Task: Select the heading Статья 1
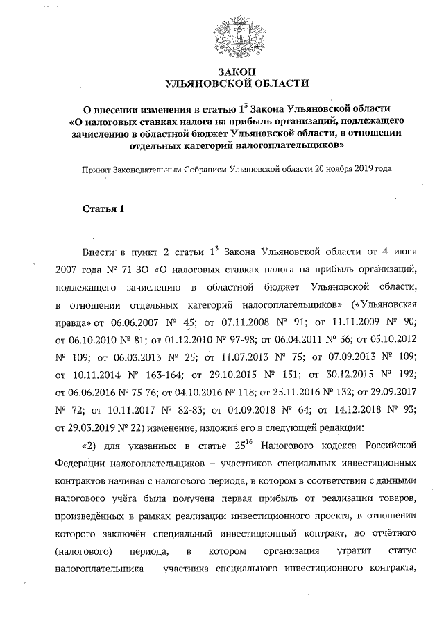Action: point(103,209)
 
